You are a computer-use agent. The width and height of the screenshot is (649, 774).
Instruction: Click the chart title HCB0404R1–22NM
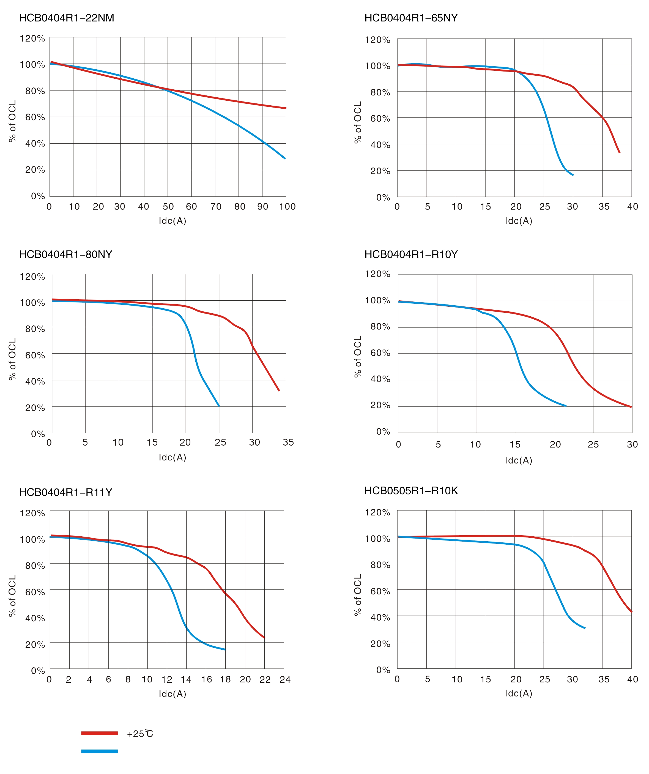(66, 18)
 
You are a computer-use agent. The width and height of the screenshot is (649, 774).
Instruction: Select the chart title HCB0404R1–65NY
(411, 18)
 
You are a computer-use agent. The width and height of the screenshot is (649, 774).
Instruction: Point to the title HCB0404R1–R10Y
(411, 255)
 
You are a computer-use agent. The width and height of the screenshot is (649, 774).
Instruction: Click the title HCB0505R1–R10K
(411, 491)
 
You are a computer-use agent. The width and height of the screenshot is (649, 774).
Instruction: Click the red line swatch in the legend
(99, 733)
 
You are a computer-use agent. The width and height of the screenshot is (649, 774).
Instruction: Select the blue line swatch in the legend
(99, 751)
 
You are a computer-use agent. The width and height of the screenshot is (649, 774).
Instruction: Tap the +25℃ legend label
(140, 734)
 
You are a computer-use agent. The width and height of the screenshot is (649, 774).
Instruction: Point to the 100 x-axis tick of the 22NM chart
(287, 207)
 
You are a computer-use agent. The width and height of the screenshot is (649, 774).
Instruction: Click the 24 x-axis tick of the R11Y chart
(285, 680)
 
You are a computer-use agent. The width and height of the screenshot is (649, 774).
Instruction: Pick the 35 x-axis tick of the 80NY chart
(288, 442)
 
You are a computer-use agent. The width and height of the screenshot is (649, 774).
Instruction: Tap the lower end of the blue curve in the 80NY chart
(219, 406)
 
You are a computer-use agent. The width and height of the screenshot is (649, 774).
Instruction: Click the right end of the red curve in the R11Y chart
(264, 638)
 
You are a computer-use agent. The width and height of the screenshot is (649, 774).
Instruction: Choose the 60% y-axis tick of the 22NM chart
(35, 117)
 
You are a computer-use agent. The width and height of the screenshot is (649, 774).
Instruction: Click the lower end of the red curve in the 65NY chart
(620, 152)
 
